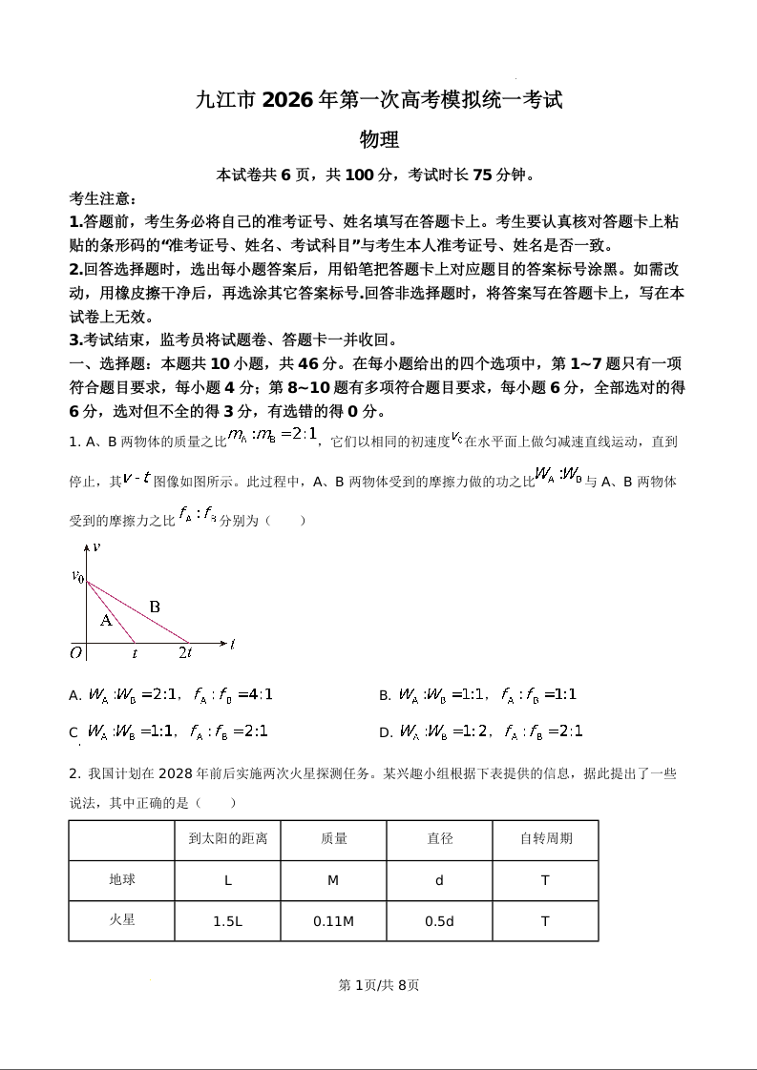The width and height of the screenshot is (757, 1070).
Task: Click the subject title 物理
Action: click(x=378, y=139)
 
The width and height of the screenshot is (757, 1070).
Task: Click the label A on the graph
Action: click(x=106, y=620)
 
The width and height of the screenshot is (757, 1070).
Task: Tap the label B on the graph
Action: click(x=155, y=607)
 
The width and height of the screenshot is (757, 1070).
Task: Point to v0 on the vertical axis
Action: click(x=77, y=576)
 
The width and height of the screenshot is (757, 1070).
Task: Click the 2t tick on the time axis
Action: click(x=185, y=653)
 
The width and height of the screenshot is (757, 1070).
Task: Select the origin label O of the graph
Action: click(x=75, y=653)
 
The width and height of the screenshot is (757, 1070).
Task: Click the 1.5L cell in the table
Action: click(x=228, y=921)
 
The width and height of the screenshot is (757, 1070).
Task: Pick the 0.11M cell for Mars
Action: click(x=333, y=921)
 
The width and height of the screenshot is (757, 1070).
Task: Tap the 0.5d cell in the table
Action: click(x=439, y=921)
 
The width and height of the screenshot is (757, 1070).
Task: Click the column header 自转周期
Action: click(x=545, y=839)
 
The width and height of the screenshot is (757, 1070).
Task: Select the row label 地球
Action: click(x=122, y=880)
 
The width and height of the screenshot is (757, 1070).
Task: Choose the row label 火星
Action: click(x=122, y=920)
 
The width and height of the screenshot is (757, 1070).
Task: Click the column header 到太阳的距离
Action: click(x=228, y=839)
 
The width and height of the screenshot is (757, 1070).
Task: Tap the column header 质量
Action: click(x=333, y=839)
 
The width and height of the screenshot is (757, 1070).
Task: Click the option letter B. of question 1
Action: click(x=385, y=696)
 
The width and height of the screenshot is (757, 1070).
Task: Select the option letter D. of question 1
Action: click(x=386, y=732)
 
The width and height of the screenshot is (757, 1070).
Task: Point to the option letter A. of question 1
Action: click(x=75, y=696)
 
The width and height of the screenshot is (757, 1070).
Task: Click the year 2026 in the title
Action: click(x=286, y=99)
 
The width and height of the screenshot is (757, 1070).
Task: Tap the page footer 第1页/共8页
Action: click(x=379, y=985)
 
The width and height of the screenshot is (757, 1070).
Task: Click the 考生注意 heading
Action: click(x=103, y=198)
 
